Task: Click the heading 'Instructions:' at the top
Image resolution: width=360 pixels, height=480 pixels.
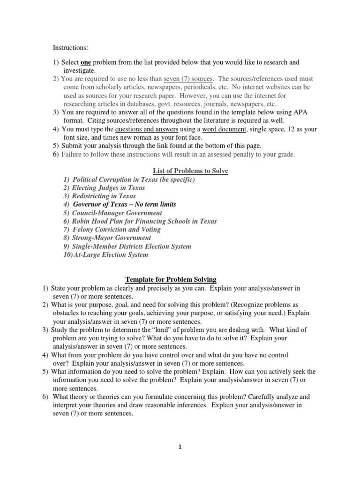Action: [70, 48]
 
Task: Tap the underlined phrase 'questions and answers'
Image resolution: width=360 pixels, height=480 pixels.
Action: [146, 129]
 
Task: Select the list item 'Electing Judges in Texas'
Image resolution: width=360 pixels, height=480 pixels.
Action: [108, 188]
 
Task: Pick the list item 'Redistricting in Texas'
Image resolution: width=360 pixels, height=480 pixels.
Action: [104, 196]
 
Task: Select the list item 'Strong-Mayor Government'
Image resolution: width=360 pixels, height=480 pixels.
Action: [111, 238]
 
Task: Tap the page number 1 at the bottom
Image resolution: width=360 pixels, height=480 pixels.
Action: [180, 447]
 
